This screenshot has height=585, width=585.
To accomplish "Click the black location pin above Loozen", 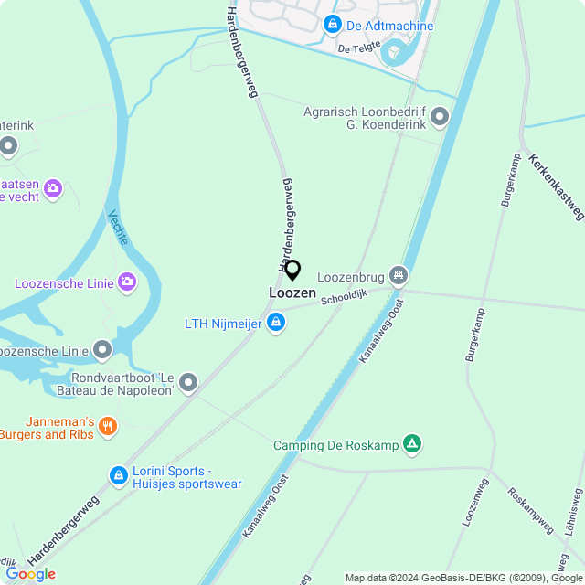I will (292, 271).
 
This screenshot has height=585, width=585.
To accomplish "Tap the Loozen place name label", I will (292, 293).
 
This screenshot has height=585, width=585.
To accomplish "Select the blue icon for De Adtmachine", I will (333, 25).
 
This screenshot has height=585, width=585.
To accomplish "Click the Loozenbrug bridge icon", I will (398, 274).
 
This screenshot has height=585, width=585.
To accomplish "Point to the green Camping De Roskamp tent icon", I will (413, 445).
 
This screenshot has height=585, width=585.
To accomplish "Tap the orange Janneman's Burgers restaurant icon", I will (108, 426).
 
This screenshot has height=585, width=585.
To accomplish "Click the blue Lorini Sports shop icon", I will (118, 475).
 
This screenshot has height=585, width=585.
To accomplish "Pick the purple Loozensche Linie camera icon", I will (127, 282).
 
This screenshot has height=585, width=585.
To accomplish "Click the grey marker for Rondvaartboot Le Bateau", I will (188, 382).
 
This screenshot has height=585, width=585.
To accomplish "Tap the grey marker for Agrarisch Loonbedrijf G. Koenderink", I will (440, 116).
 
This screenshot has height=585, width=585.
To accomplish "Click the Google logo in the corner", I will (30, 573).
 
